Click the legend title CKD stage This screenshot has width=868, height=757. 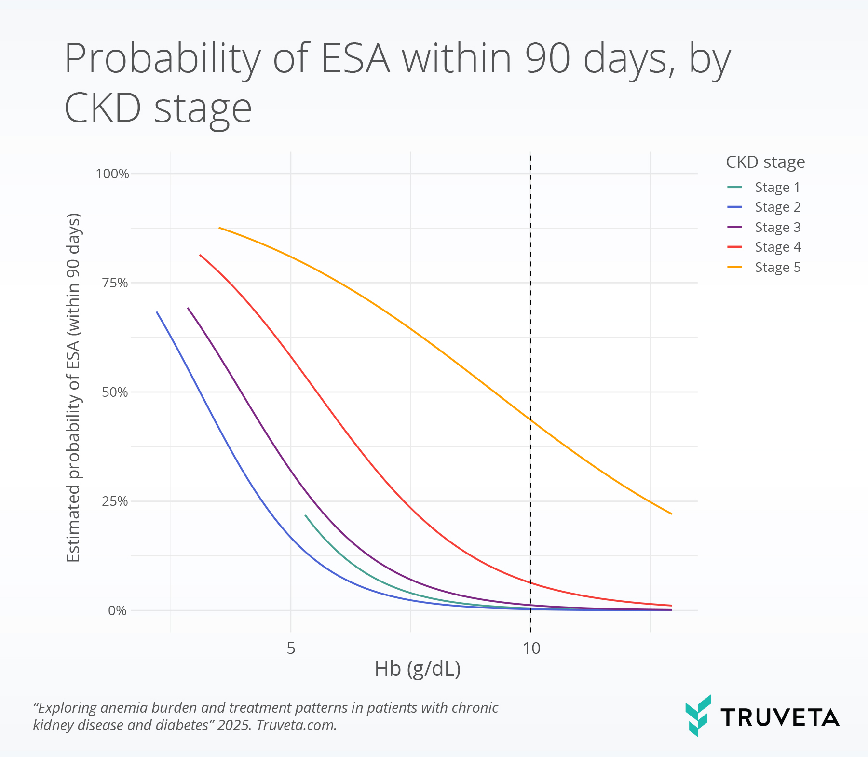(x=765, y=162)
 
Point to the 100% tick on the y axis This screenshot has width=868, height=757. (x=112, y=174)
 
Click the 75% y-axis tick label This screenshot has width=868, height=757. (x=115, y=283)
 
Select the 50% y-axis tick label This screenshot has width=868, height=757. (x=115, y=392)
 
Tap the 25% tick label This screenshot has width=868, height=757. (x=115, y=501)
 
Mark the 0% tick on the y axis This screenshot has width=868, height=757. (x=117, y=611)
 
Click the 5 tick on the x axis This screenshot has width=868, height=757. (x=291, y=648)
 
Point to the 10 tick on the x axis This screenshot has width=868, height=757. (x=531, y=648)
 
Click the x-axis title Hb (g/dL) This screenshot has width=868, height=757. (x=418, y=669)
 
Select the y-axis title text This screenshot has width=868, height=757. (x=73, y=388)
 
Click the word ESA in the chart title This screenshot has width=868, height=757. (x=355, y=58)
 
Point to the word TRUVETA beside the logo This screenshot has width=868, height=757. (x=780, y=717)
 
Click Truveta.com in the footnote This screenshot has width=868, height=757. (x=296, y=725)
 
